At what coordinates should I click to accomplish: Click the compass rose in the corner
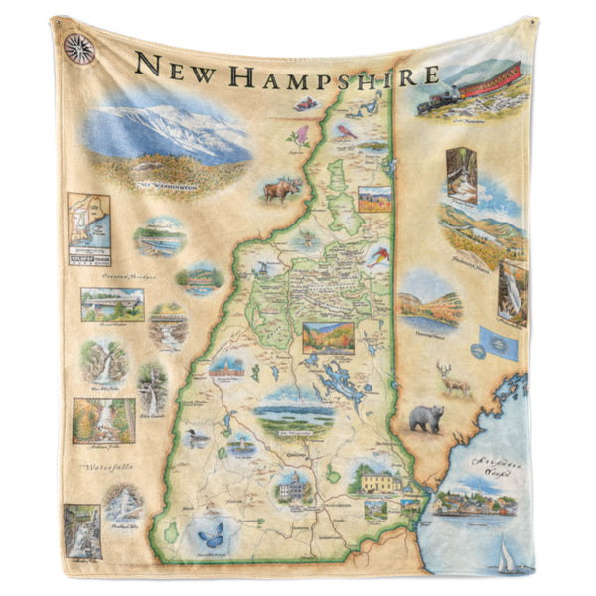(78, 48)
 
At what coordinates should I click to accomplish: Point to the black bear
(426, 417)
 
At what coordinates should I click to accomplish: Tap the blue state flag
(497, 343)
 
